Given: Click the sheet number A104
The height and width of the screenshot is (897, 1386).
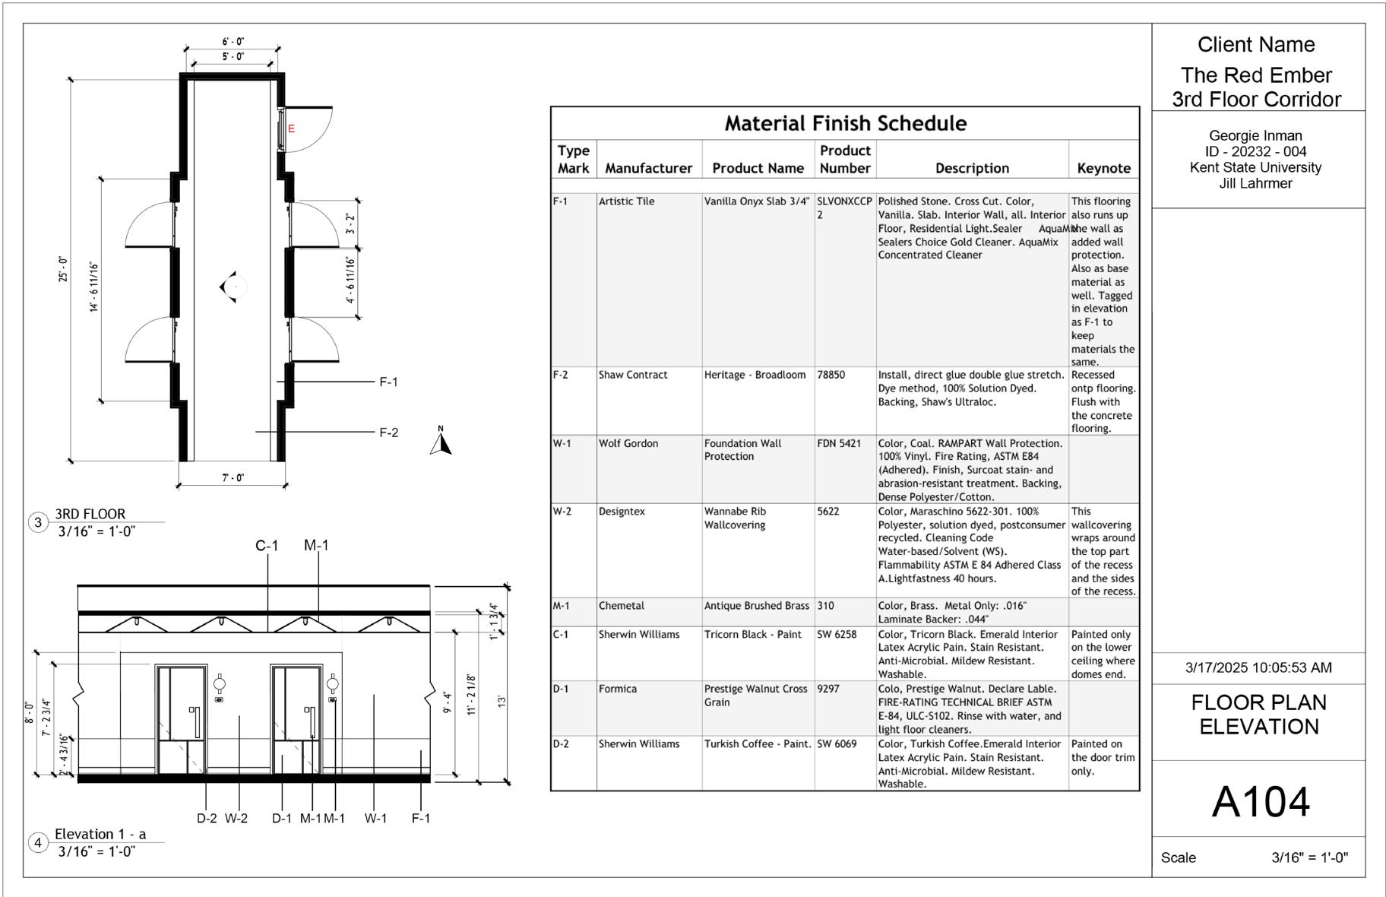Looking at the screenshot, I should (1261, 801).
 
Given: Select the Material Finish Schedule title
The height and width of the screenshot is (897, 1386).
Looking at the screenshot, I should (845, 123).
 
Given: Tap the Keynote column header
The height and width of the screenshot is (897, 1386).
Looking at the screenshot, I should (1103, 168).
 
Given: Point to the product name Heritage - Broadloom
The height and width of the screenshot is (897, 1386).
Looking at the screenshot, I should (755, 375).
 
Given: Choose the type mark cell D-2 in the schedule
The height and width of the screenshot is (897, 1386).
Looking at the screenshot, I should (561, 743).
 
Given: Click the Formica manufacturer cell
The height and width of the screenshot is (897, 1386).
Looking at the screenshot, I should (618, 689).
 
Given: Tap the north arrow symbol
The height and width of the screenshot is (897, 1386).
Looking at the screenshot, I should (441, 441).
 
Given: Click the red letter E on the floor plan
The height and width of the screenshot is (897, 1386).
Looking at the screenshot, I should (291, 128).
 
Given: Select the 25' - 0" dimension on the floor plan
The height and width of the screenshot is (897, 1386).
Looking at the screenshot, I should (63, 269).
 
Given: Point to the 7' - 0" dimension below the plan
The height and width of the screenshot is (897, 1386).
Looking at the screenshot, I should (233, 477).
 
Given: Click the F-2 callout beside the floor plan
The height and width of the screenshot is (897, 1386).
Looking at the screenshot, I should (388, 433).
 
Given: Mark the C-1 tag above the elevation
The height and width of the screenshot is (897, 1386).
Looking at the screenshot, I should (267, 545).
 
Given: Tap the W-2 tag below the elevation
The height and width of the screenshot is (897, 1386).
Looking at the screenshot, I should (236, 818).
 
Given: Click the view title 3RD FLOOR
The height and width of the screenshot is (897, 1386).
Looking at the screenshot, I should (90, 514).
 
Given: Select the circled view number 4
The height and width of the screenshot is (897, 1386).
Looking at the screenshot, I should (38, 842).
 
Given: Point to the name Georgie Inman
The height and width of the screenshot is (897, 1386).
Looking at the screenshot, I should (1255, 136).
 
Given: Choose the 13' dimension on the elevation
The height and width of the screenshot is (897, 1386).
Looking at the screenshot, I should (502, 701).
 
